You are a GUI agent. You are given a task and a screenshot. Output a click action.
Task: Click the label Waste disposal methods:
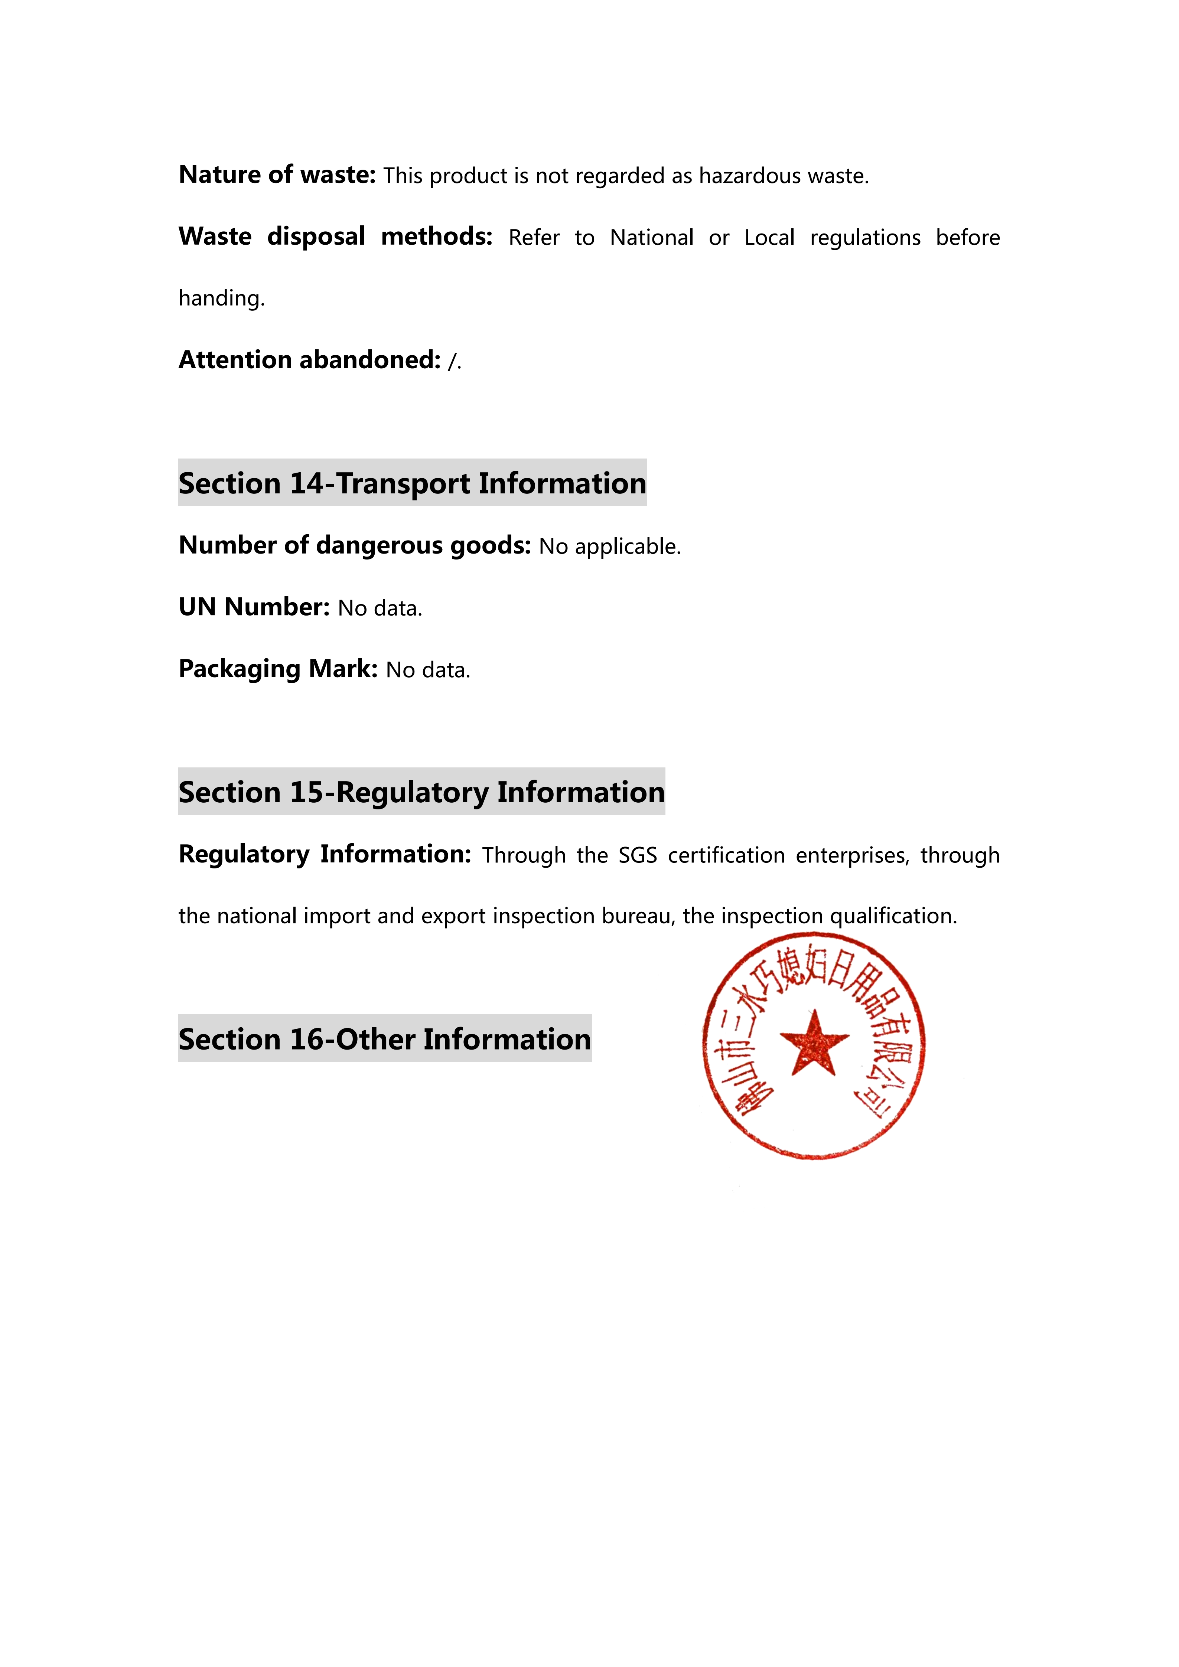(x=335, y=237)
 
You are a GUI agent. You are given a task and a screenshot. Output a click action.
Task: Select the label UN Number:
(x=254, y=607)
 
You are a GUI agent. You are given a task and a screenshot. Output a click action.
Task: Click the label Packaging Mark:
(x=278, y=669)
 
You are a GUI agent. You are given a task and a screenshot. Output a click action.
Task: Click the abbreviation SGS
(x=638, y=855)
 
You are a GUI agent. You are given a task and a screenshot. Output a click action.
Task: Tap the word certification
(x=726, y=855)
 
